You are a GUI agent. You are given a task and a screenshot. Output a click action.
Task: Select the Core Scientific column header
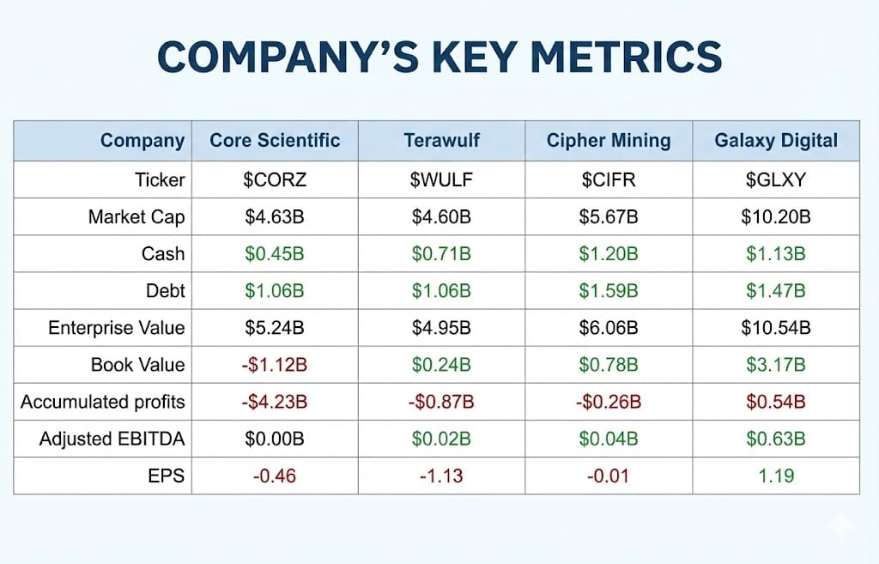tap(275, 141)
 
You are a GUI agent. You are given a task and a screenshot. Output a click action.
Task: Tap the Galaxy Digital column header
tap(775, 141)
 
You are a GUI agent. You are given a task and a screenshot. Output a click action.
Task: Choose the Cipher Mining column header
tap(609, 141)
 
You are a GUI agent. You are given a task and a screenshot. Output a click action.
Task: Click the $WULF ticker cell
tap(441, 180)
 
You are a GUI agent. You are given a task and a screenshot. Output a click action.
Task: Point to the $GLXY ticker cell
tap(775, 180)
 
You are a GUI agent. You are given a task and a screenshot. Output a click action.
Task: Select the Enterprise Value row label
tap(116, 328)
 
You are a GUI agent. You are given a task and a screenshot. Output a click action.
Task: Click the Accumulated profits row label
tap(102, 402)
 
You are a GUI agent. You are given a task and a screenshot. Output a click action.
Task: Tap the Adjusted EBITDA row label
tap(112, 440)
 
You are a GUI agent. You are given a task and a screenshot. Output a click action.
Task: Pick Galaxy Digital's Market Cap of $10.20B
tap(775, 217)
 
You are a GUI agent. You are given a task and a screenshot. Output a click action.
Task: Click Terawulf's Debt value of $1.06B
tap(441, 291)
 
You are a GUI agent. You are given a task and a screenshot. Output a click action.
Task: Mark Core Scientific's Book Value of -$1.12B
tap(275, 365)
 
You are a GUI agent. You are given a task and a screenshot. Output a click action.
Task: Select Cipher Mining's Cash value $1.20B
tap(609, 254)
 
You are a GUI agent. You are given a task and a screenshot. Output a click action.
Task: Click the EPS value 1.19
tap(775, 476)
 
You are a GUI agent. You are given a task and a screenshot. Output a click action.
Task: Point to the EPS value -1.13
tap(441, 476)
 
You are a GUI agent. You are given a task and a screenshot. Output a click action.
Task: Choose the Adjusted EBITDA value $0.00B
tap(275, 440)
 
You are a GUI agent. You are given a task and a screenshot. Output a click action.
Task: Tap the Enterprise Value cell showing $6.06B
tap(609, 328)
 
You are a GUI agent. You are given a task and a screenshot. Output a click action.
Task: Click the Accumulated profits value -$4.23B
tap(275, 402)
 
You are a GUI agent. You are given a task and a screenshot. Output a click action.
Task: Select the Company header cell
tap(142, 141)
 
